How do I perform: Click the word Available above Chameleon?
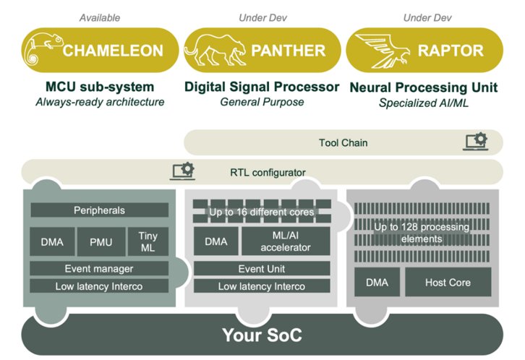coord(100,18)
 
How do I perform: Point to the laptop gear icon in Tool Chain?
coord(476,141)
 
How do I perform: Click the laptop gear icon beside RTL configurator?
coord(183,171)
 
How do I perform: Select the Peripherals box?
coord(100,210)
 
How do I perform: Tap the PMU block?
coord(101,241)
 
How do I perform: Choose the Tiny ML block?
coord(148,241)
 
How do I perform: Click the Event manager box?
coord(99,269)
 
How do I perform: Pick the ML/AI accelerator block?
coord(286,241)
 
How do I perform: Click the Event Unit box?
coord(262,269)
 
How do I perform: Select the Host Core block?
coord(448,282)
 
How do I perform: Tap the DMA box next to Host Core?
coord(377,282)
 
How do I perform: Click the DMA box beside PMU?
coord(52,241)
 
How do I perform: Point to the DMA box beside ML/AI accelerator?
coord(216,241)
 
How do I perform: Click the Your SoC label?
coord(262,335)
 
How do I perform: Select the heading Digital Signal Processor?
coord(262,87)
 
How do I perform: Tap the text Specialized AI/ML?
coord(424,103)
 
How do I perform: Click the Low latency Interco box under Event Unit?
coord(262,286)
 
